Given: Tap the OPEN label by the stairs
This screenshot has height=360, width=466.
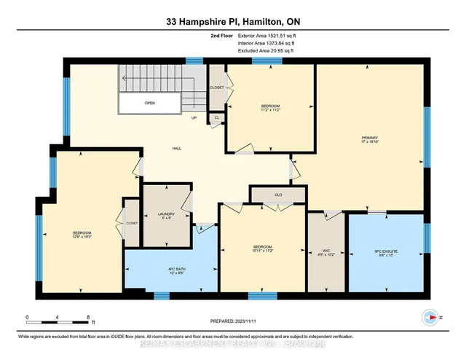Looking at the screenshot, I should point(149,103).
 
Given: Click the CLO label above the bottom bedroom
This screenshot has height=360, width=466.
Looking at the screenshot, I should point(278,195).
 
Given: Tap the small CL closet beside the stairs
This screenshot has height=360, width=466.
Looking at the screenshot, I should point(216,118).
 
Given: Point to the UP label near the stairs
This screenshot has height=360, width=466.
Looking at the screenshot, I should point(194,118).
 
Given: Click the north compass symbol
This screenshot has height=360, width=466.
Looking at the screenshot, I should point(428,317).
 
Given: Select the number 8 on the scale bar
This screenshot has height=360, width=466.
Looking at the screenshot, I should point(89,318).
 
